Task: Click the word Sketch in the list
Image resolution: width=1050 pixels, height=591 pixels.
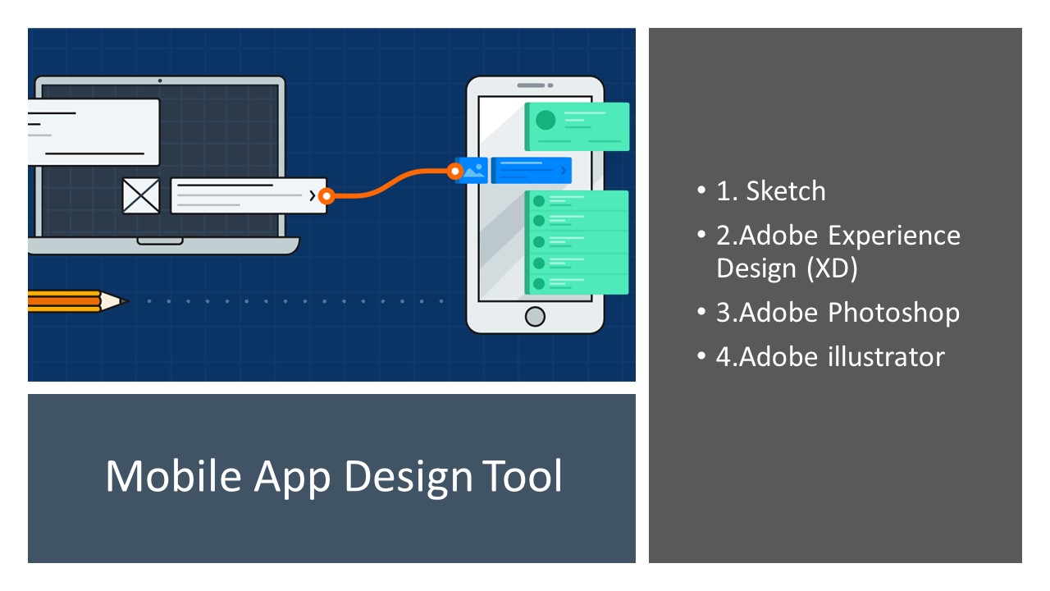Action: pos(786,191)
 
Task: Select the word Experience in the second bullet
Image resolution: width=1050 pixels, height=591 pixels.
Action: pos(894,236)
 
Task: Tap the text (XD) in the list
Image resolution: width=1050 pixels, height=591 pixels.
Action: pos(832,268)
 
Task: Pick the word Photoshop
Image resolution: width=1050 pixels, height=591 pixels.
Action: pos(894,314)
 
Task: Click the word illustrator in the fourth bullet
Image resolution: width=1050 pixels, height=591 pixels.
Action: pos(886,357)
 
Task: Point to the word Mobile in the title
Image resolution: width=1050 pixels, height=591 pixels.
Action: pos(173,476)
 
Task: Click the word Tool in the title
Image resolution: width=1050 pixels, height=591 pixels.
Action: pos(523,476)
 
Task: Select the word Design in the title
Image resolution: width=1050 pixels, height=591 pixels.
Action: pos(409,479)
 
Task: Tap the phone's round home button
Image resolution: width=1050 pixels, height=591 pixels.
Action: pos(535,317)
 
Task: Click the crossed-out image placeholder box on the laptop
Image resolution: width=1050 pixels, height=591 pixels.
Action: pos(140,195)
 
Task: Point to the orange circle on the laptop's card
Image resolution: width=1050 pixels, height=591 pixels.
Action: pos(326,196)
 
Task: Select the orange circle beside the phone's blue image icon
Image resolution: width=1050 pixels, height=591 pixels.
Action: pos(454,172)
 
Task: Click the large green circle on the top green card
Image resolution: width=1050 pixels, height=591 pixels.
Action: pos(546,120)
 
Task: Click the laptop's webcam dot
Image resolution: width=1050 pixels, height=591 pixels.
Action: pos(160,80)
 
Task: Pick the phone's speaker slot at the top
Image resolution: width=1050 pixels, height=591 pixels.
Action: pos(531,85)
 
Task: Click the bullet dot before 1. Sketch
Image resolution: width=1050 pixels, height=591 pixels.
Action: pos(701,190)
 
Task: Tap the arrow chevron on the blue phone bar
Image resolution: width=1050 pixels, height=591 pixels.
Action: pos(564,170)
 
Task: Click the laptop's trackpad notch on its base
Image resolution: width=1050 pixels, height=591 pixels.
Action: pos(160,241)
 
